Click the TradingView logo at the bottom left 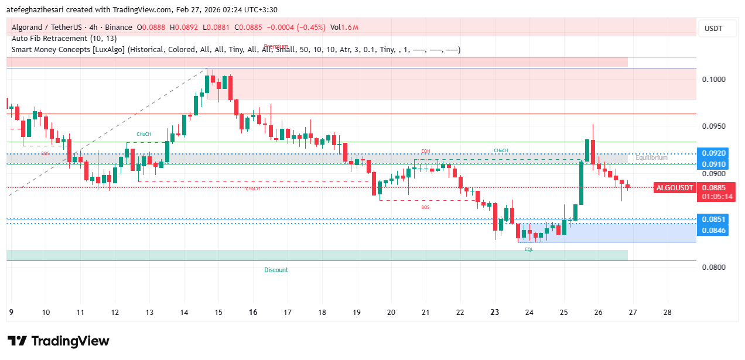pyautogui.click(x=58, y=341)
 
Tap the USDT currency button pyautogui.click(x=713, y=29)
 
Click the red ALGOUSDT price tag pyautogui.click(x=675, y=188)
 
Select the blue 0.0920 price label pyautogui.click(x=714, y=153)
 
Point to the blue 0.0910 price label pyautogui.click(x=714, y=164)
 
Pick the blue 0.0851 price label pyautogui.click(x=714, y=220)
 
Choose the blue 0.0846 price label pyautogui.click(x=714, y=231)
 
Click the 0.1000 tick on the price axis pyautogui.click(x=714, y=80)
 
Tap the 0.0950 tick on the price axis pyautogui.click(x=714, y=126)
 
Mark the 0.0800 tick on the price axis pyautogui.click(x=714, y=268)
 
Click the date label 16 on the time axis pyautogui.click(x=253, y=313)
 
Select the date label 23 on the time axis pyautogui.click(x=495, y=313)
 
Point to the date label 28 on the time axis pyautogui.click(x=667, y=313)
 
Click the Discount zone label pyautogui.click(x=276, y=270)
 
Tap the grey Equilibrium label pyautogui.click(x=651, y=158)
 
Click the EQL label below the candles pyautogui.click(x=529, y=249)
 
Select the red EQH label pyautogui.click(x=426, y=152)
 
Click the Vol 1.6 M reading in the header pyautogui.click(x=344, y=28)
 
